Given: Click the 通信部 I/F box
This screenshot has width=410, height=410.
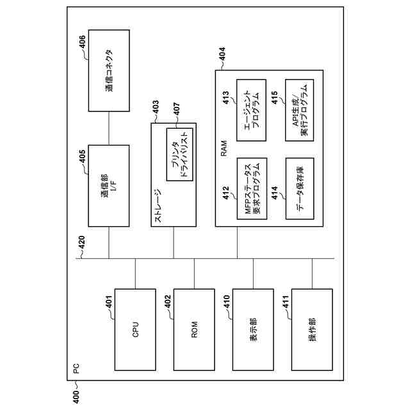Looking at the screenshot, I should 108,186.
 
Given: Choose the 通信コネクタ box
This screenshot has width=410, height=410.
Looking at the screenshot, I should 108,70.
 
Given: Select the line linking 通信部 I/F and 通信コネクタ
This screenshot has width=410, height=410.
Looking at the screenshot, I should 108,128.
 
